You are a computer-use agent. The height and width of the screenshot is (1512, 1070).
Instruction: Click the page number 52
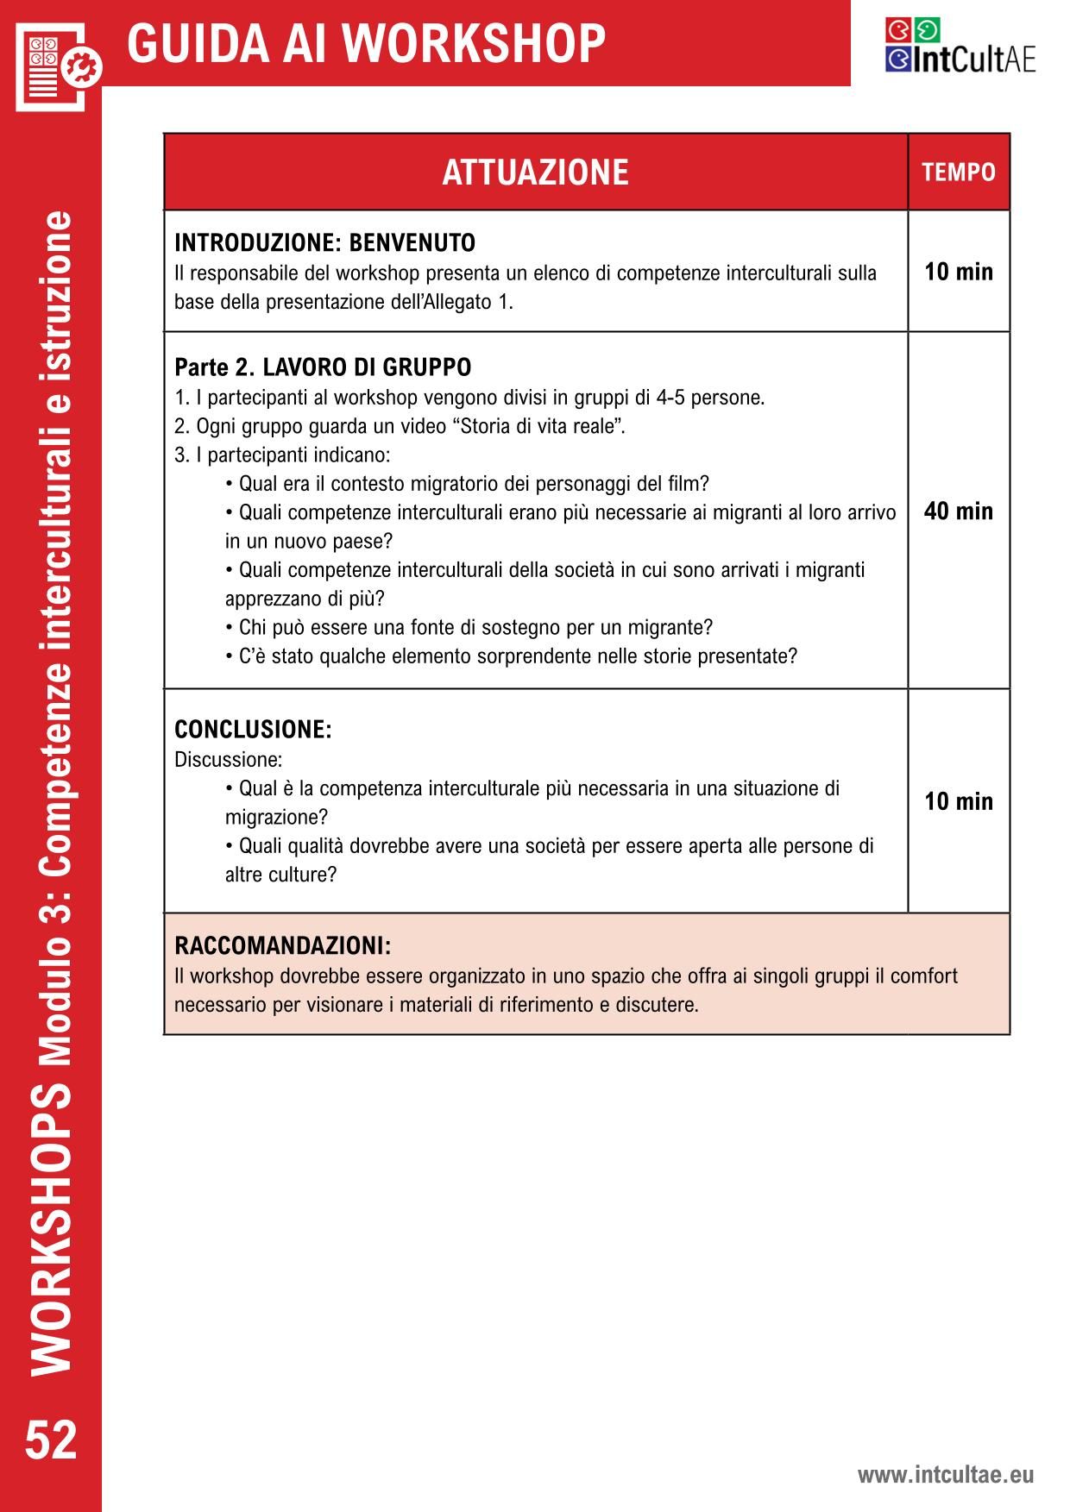[x=51, y=1440]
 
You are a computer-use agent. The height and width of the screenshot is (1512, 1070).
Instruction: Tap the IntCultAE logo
[x=960, y=47]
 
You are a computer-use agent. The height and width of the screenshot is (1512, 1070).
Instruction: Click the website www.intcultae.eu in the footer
[x=945, y=1475]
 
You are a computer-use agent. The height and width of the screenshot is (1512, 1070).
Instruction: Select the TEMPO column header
[x=958, y=173]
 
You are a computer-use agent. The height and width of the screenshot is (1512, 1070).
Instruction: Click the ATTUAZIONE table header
[x=535, y=173]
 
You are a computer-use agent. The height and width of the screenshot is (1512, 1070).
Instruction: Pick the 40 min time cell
[x=958, y=511]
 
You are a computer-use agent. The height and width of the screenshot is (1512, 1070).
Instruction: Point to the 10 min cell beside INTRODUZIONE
[x=958, y=273]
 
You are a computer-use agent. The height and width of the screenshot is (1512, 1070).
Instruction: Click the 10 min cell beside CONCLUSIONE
[x=958, y=801]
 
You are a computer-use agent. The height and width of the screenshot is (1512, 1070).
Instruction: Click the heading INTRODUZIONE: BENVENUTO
[x=324, y=242]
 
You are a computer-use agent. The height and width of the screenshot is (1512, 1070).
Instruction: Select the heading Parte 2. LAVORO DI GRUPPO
[x=323, y=367]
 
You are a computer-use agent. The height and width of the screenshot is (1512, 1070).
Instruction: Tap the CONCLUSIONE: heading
[x=253, y=730]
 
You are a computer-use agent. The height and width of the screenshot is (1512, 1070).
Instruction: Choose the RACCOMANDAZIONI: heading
[x=282, y=945]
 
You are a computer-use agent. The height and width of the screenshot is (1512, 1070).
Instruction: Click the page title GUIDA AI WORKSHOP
[x=366, y=43]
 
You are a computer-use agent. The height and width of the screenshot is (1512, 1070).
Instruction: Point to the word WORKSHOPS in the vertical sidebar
[x=51, y=1225]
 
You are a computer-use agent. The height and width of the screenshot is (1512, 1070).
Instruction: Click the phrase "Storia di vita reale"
[x=538, y=426]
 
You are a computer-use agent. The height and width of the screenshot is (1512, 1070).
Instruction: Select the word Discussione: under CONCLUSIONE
[x=228, y=760]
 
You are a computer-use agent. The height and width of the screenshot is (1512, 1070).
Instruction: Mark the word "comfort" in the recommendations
[x=923, y=976]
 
